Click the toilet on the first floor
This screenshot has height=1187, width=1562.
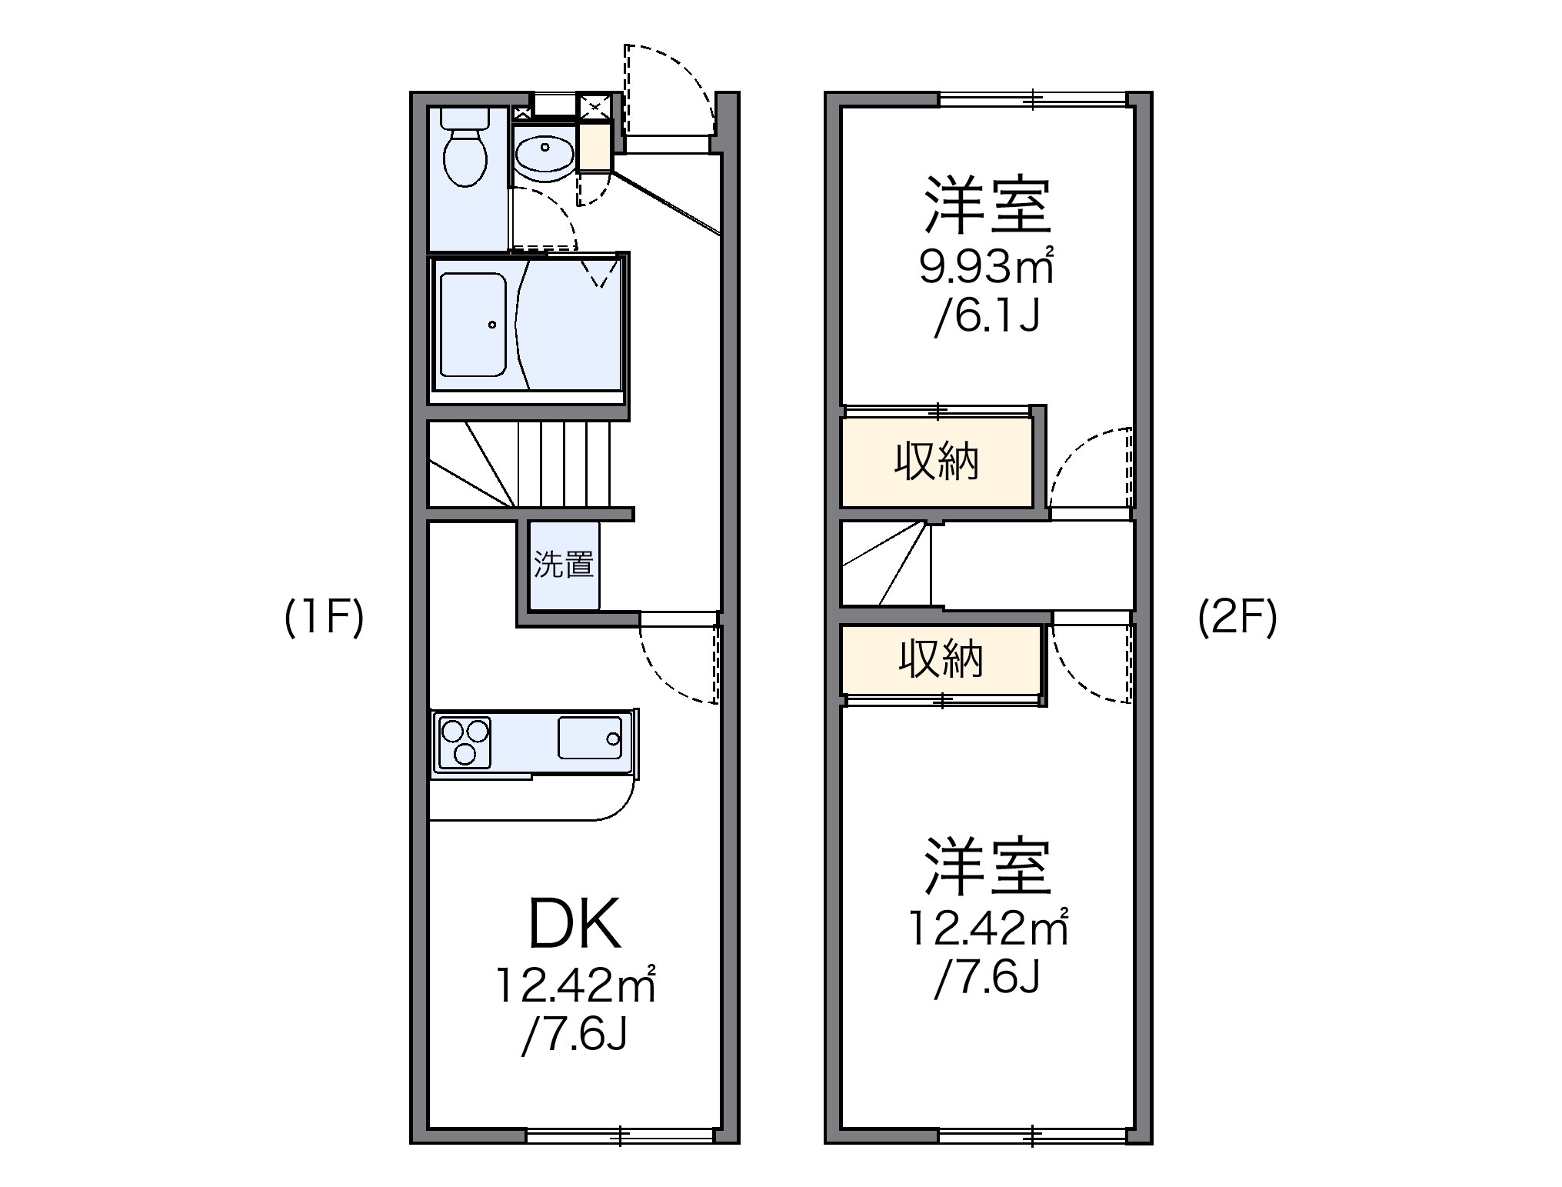point(465,154)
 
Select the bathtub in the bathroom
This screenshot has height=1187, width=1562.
point(473,324)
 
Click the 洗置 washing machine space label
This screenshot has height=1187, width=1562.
point(564,565)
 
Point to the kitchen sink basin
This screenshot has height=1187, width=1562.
point(590,738)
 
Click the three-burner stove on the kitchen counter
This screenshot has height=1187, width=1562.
point(463,740)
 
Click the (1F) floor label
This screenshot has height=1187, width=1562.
point(324,618)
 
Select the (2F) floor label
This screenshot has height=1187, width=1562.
point(1237,618)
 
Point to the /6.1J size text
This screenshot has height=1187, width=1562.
point(987,316)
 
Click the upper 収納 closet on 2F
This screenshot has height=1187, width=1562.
point(937,463)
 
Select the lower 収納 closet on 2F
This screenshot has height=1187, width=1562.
point(941,659)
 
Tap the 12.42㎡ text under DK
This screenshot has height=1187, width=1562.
point(575,986)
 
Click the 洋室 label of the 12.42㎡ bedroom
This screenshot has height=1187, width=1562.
point(987,867)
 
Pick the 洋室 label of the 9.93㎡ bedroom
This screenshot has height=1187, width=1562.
point(987,205)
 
